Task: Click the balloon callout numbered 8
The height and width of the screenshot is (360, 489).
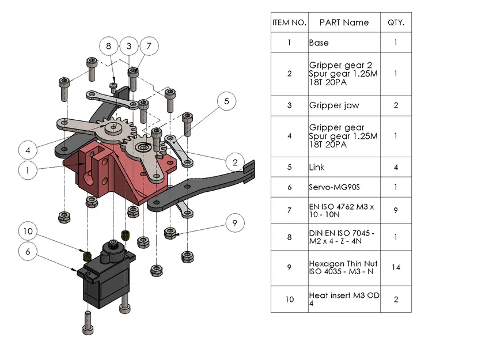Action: pos(108,46)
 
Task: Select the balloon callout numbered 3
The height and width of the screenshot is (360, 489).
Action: pos(128,46)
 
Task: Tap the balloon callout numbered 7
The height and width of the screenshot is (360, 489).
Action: pos(149,46)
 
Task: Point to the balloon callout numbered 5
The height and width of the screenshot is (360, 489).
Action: pos(226,101)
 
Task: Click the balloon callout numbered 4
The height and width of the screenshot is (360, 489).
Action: pos(28,150)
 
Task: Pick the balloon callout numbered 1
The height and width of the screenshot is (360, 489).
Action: pos(28,170)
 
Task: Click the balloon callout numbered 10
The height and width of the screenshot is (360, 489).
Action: pos(28,232)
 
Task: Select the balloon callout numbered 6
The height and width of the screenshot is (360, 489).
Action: pos(28,251)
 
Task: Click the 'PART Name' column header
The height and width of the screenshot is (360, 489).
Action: pos(344,22)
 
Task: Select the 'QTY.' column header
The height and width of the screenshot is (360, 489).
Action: pos(396,22)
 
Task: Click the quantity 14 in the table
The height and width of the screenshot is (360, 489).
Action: pos(396,268)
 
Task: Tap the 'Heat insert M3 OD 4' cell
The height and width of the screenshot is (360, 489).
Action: pos(344,299)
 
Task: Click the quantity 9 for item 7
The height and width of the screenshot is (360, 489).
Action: pos(396,211)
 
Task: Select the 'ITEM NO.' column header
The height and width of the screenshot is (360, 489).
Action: pos(289,22)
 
